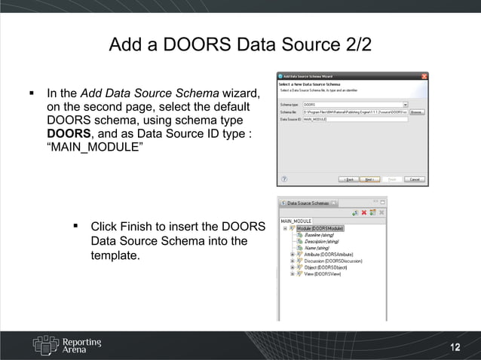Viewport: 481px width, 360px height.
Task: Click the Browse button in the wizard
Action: pyautogui.click(x=418, y=111)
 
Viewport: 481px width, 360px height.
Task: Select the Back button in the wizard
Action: pyautogui.click(x=349, y=179)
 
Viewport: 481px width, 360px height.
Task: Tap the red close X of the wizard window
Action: pyautogui.click(x=424, y=75)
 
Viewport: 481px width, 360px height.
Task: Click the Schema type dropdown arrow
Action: pyautogui.click(x=405, y=105)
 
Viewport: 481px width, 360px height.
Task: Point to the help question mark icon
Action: pyautogui.click(x=284, y=179)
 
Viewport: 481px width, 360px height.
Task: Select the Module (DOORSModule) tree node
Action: pyautogui.click(x=320, y=227)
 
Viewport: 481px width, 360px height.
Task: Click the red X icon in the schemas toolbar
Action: pyautogui.click(x=364, y=212)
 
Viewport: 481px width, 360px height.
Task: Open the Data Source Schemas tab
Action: pyautogui.click(x=308, y=203)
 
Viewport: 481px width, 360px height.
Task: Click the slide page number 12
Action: pyautogui.click(x=455, y=346)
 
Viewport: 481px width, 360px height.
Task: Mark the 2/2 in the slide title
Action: pyautogui.click(x=355, y=44)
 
